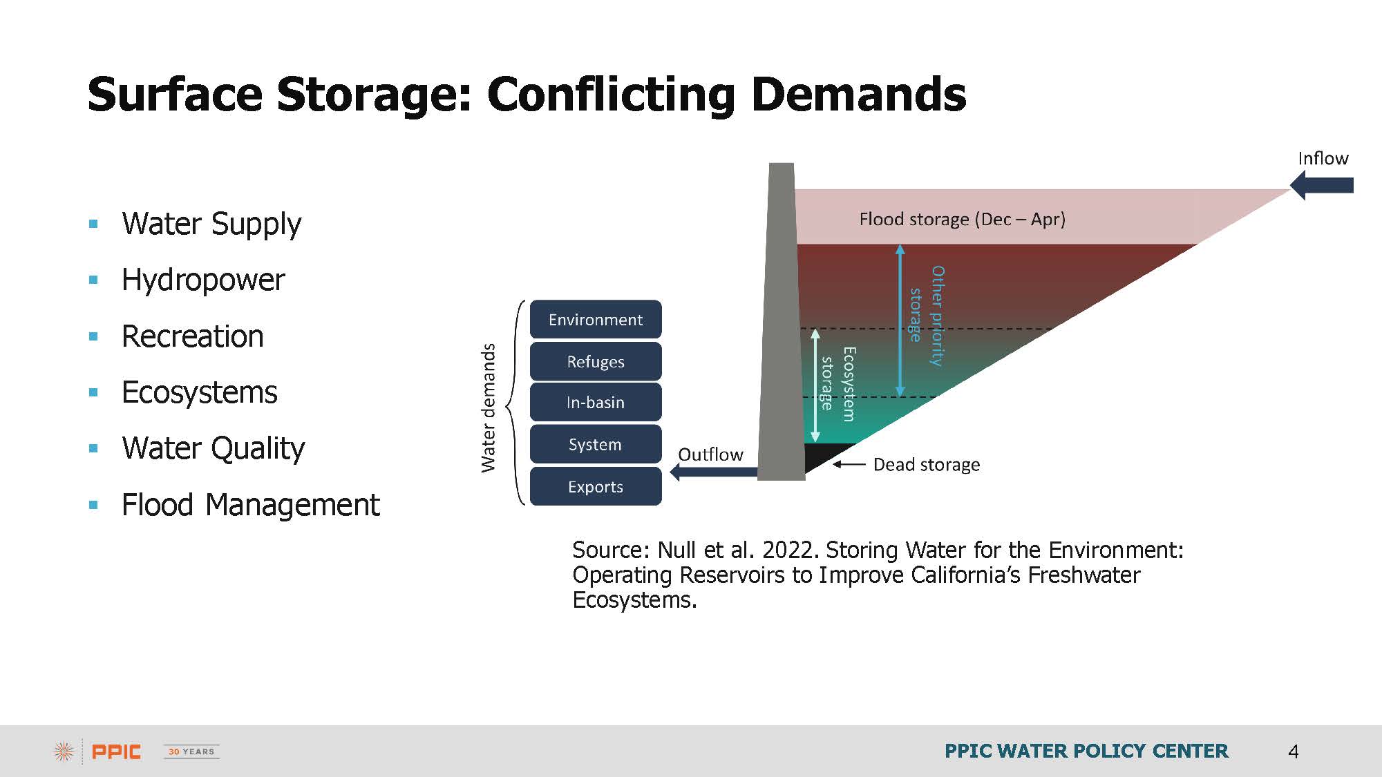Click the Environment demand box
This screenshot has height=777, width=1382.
coord(596,319)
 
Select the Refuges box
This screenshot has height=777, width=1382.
coord(596,361)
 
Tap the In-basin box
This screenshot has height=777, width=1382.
coord(596,402)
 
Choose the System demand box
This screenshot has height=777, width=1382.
coord(596,444)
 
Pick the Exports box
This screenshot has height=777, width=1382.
coord(596,486)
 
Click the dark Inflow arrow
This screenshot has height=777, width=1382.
coord(1321,185)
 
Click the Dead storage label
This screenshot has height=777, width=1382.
coord(926,465)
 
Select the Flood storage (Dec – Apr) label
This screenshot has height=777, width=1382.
coord(962,220)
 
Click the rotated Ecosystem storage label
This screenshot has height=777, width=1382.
coord(838,383)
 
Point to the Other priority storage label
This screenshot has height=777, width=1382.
coord(927,316)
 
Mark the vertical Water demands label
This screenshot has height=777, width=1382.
coord(489,407)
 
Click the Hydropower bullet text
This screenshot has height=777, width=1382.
coord(203,280)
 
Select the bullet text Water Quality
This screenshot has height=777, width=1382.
coord(213,448)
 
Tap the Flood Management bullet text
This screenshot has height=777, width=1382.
coord(250,505)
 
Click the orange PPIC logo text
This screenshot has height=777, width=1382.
coord(116,751)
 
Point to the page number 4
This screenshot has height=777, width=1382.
coord(1294,751)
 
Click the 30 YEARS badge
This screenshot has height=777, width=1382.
coord(191,751)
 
